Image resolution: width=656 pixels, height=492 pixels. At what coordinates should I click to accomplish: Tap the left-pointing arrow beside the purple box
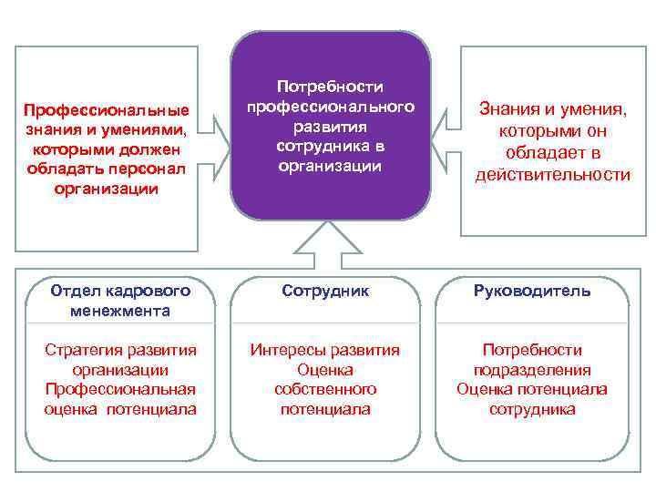point(446,126)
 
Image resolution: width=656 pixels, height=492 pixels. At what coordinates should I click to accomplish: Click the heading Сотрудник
point(325,291)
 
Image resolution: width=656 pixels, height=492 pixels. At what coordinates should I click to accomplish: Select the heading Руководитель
point(531,292)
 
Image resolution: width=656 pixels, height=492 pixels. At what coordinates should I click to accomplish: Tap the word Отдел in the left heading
point(77,291)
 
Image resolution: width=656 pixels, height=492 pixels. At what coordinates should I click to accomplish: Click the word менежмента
point(119,311)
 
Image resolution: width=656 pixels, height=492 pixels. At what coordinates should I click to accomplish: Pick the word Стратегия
point(82,350)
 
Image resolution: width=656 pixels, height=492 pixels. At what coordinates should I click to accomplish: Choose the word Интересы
point(288,350)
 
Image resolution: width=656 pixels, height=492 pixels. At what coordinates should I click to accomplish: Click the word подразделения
point(532,370)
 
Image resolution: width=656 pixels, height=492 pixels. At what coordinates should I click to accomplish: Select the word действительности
point(552,174)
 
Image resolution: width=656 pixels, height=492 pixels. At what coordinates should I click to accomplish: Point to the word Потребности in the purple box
point(330,87)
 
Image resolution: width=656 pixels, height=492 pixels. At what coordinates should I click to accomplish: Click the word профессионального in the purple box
point(330,107)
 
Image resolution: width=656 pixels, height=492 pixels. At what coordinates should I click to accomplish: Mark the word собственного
point(325,389)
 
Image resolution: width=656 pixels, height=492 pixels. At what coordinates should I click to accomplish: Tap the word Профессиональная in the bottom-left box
point(120,389)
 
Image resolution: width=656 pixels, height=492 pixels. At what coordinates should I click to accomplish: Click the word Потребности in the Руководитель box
point(532,350)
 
